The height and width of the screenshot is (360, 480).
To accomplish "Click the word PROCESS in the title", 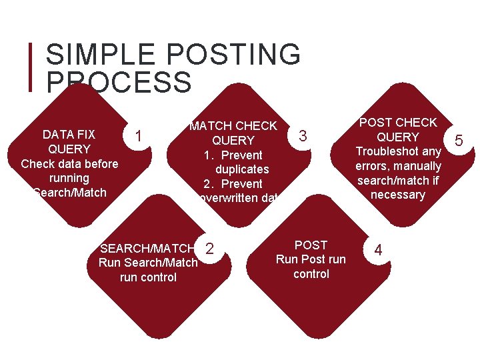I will coord(119,83).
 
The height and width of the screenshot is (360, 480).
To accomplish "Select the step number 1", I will coord(138,136).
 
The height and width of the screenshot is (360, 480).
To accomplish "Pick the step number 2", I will coord(210,249).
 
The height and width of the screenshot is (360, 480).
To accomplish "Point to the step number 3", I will coord(303,136).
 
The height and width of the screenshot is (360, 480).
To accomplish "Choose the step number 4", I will coord(378,250).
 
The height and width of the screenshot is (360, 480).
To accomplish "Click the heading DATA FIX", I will coord(69,134).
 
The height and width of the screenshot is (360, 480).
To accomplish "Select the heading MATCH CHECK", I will coord(233,126).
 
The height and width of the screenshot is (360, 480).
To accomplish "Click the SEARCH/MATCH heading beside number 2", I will coord(148,248).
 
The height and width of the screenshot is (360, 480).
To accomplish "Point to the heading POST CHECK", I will coord(398,123).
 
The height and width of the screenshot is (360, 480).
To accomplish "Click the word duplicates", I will coord(242,169).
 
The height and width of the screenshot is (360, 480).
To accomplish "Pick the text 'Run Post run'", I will coord(311,259).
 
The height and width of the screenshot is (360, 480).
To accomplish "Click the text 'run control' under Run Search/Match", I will coord(148,277).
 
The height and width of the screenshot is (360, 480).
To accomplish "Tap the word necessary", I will coord(398,195).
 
